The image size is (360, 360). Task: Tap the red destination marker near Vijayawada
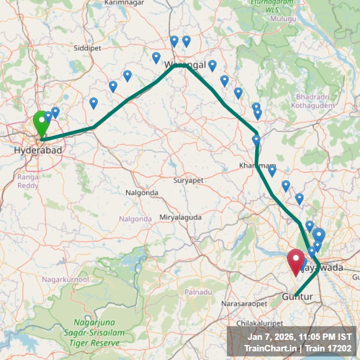[x=297, y=262]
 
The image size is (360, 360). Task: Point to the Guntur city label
[x=298, y=297]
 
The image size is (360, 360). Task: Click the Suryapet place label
[x=188, y=180]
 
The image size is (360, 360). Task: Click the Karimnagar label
[x=124, y=3]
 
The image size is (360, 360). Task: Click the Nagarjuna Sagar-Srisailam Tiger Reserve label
[x=97, y=332]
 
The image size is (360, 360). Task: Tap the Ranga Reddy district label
[x=28, y=181]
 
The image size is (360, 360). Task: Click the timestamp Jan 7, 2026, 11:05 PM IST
[x=300, y=336]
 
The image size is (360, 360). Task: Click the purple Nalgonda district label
[x=135, y=219]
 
